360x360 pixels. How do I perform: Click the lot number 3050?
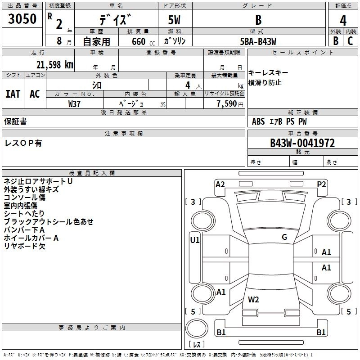point(22,19)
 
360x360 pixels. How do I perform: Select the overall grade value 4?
point(343,21)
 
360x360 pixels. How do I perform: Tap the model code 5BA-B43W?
point(258,41)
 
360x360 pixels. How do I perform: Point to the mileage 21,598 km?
point(52,64)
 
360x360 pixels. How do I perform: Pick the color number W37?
point(75,103)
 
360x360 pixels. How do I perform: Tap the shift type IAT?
point(13,94)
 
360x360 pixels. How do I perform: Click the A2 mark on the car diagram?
point(220,184)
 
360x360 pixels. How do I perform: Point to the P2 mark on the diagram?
point(321,184)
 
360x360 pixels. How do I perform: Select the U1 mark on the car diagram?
point(195,240)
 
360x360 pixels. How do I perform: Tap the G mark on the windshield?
point(284,237)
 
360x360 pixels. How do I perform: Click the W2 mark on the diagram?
point(253,299)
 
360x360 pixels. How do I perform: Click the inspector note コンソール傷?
point(25,198)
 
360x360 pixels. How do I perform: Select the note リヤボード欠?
point(25,246)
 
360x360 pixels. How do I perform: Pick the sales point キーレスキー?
point(268,73)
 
